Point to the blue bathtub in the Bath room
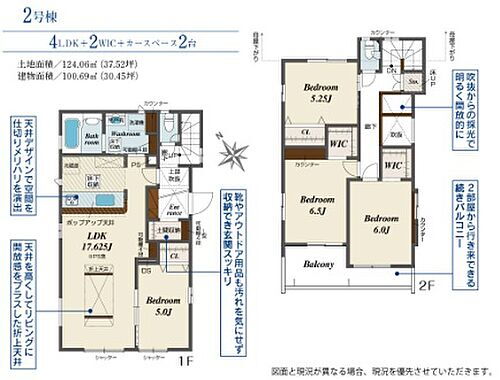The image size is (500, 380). (x=74, y=133)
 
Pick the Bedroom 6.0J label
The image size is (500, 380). (x=380, y=225)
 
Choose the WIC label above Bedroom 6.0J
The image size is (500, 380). (x=393, y=164)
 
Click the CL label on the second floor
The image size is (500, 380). (x=305, y=132)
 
